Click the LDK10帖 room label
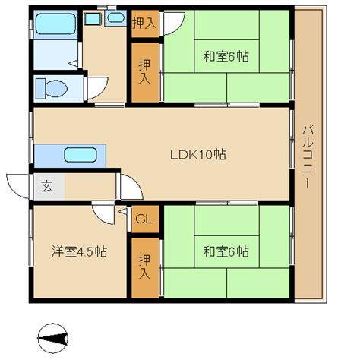pyautogui.click(x=198, y=154)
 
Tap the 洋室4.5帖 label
pyautogui.click(x=79, y=251)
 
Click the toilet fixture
pyautogui.click(x=52, y=88)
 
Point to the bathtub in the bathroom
pyautogui.click(x=55, y=24)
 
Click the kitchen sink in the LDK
pyautogui.click(x=81, y=155)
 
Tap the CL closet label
pyautogui.click(x=144, y=219)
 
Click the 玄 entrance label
pyautogui.click(x=47, y=187)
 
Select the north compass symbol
pyautogui.click(x=53, y=338)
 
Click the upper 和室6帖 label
pyautogui.click(x=226, y=56)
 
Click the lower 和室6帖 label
pyautogui.click(x=226, y=251)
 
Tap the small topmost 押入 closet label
pyautogui.click(x=144, y=24)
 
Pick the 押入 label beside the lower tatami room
pyautogui.click(x=144, y=267)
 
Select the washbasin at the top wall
pyautogui.click(x=115, y=18)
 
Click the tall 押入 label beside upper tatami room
pyautogui.click(x=144, y=72)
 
